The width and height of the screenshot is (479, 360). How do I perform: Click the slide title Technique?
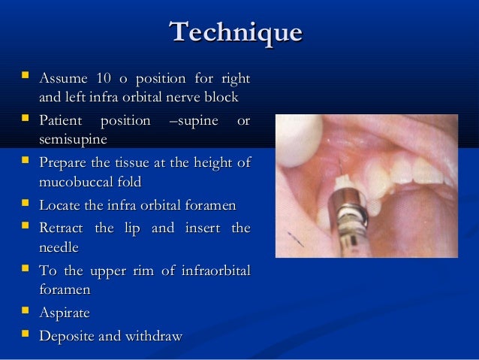(236, 32)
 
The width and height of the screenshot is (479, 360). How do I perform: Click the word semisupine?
(73, 140)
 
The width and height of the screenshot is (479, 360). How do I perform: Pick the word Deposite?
(68, 335)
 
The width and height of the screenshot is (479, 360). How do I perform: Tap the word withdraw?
(155, 335)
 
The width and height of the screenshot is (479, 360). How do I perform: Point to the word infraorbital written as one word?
(215, 270)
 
